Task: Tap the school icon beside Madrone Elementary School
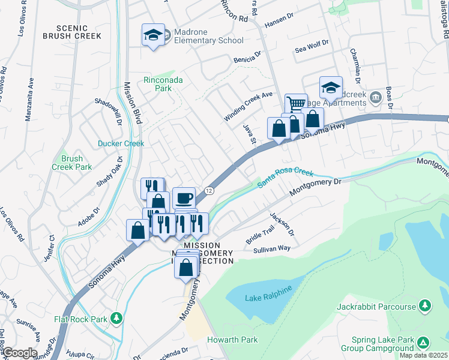coord(153,35)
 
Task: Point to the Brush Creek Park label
coord(72,163)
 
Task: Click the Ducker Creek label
coord(121,143)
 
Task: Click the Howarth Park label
coord(232,340)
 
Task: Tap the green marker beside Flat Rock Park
coord(118,318)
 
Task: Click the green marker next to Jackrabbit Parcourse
coord(425,307)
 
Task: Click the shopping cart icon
coord(296,104)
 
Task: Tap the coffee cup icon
coord(184,197)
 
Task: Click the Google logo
coord(19,353)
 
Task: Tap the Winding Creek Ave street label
coord(248,106)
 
